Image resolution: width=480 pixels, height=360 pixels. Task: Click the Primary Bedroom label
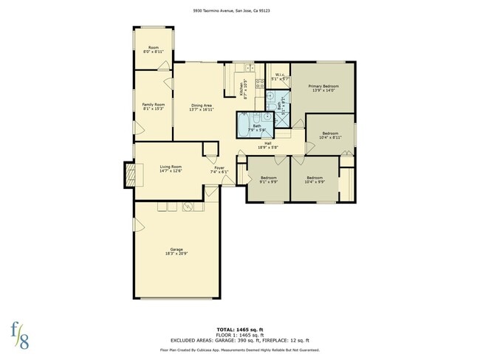coord(321,87)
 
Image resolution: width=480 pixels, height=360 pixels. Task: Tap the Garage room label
coord(176,250)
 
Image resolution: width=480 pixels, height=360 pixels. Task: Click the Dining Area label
coord(202,106)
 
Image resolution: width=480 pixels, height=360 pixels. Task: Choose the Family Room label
coord(154,105)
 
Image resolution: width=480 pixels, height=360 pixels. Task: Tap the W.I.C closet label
coord(279,75)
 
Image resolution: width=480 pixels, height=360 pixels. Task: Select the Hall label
coord(269,143)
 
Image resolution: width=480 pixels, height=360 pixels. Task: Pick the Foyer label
coord(219,168)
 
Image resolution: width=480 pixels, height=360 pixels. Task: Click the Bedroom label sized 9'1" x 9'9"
coord(268,178)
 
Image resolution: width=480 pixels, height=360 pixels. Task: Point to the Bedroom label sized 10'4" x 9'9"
coord(315,178)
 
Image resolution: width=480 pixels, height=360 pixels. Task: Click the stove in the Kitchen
coord(259,82)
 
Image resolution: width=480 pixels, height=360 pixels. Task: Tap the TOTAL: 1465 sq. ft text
coord(241,328)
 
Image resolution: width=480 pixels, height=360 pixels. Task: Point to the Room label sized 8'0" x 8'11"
coord(154,48)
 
